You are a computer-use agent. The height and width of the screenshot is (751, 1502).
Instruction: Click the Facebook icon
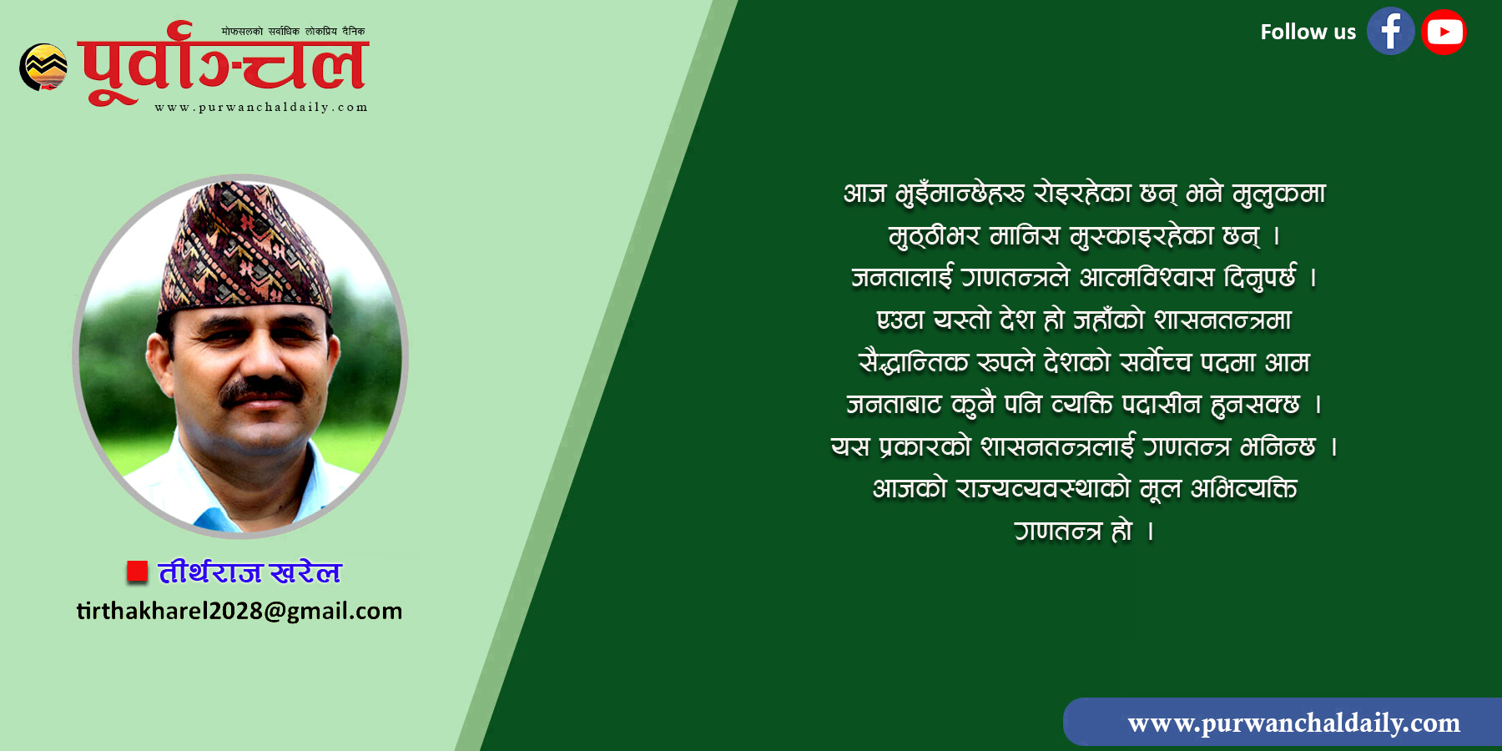[x=1390, y=32]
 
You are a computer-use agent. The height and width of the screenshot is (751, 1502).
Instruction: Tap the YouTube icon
[x=1444, y=32]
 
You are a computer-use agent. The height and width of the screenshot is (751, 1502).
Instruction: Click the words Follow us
[x=1308, y=32]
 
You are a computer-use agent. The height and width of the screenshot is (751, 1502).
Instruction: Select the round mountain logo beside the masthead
[x=43, y=67]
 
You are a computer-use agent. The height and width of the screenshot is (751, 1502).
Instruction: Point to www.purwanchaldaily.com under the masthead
[x=261, y=107]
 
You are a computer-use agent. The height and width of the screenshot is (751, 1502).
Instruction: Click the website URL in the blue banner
[x=1294, y=723]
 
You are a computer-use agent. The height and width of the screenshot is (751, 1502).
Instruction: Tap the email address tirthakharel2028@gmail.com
[x=239, y=611]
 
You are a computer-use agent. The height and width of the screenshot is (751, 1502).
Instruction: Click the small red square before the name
[x=137, y=572]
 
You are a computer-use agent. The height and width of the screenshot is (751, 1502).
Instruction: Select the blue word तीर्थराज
[x=210, y=572]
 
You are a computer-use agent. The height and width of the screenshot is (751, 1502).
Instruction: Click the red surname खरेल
[x=305, y=572]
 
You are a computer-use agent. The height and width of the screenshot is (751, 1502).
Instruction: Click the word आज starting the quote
[x=864, y=194]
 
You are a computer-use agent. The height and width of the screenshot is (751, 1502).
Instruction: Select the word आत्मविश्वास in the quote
[x=1147, y=277]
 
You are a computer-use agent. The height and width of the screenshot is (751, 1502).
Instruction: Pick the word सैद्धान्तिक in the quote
[x=913, y=362]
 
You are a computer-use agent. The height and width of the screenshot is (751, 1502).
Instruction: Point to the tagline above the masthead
[x=293, y=32]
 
